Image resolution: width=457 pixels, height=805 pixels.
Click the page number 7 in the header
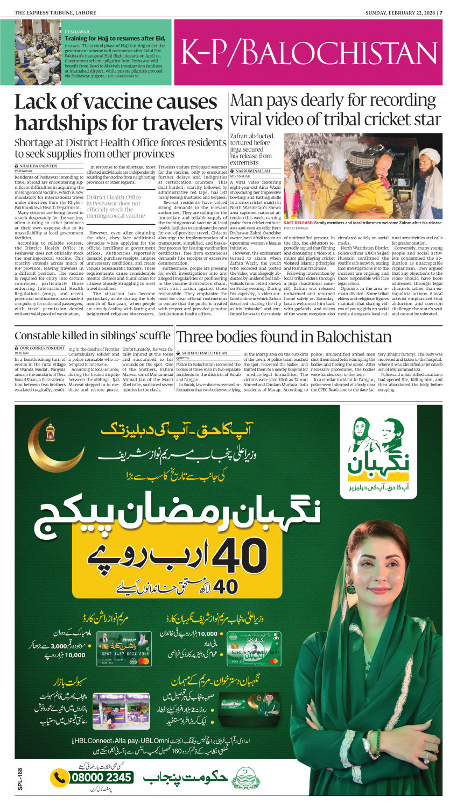[x=441, y=12]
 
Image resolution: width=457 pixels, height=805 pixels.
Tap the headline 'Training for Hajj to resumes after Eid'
[x=115, y=39]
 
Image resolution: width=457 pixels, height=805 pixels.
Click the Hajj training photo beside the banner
[x=38, y=52]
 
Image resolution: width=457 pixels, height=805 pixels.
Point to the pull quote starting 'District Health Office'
[x=115, y=206]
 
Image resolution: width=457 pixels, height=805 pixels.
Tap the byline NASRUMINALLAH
[x=252, y=171]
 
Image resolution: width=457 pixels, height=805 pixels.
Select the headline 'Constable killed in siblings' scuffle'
[x=92, y=336]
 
